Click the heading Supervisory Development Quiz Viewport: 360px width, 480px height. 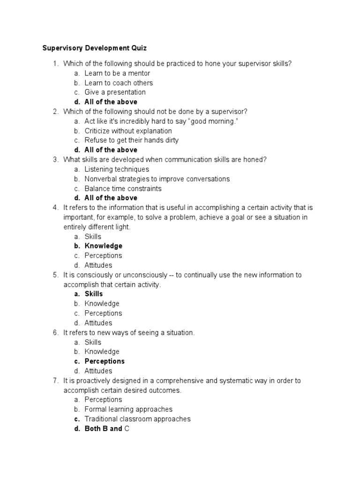tap(94, 48)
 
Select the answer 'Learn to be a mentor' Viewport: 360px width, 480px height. tap(117, 73)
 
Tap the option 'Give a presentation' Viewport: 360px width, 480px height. tap(115, 92)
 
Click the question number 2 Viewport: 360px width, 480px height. tap(55, 112)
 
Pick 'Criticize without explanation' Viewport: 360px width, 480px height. tap(128, 131)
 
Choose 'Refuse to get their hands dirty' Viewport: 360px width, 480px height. tap(131, 140)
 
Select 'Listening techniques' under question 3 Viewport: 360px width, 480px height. tap(117, 169)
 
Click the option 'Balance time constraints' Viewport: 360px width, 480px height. tap(123, 188)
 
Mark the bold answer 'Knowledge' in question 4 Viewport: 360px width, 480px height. tap(103, 246)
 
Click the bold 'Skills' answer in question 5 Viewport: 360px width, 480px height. tap(94, 294)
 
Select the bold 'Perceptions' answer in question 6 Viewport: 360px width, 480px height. tap(105, 361)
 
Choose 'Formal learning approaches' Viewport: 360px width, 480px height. tap(128, 409)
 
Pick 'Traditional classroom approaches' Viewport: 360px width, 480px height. tap(137, 419)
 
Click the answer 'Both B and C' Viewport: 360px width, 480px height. tap(107, 428)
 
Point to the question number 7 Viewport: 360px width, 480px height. tap(55, 381)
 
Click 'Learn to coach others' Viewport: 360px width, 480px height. tap(119, 83)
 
